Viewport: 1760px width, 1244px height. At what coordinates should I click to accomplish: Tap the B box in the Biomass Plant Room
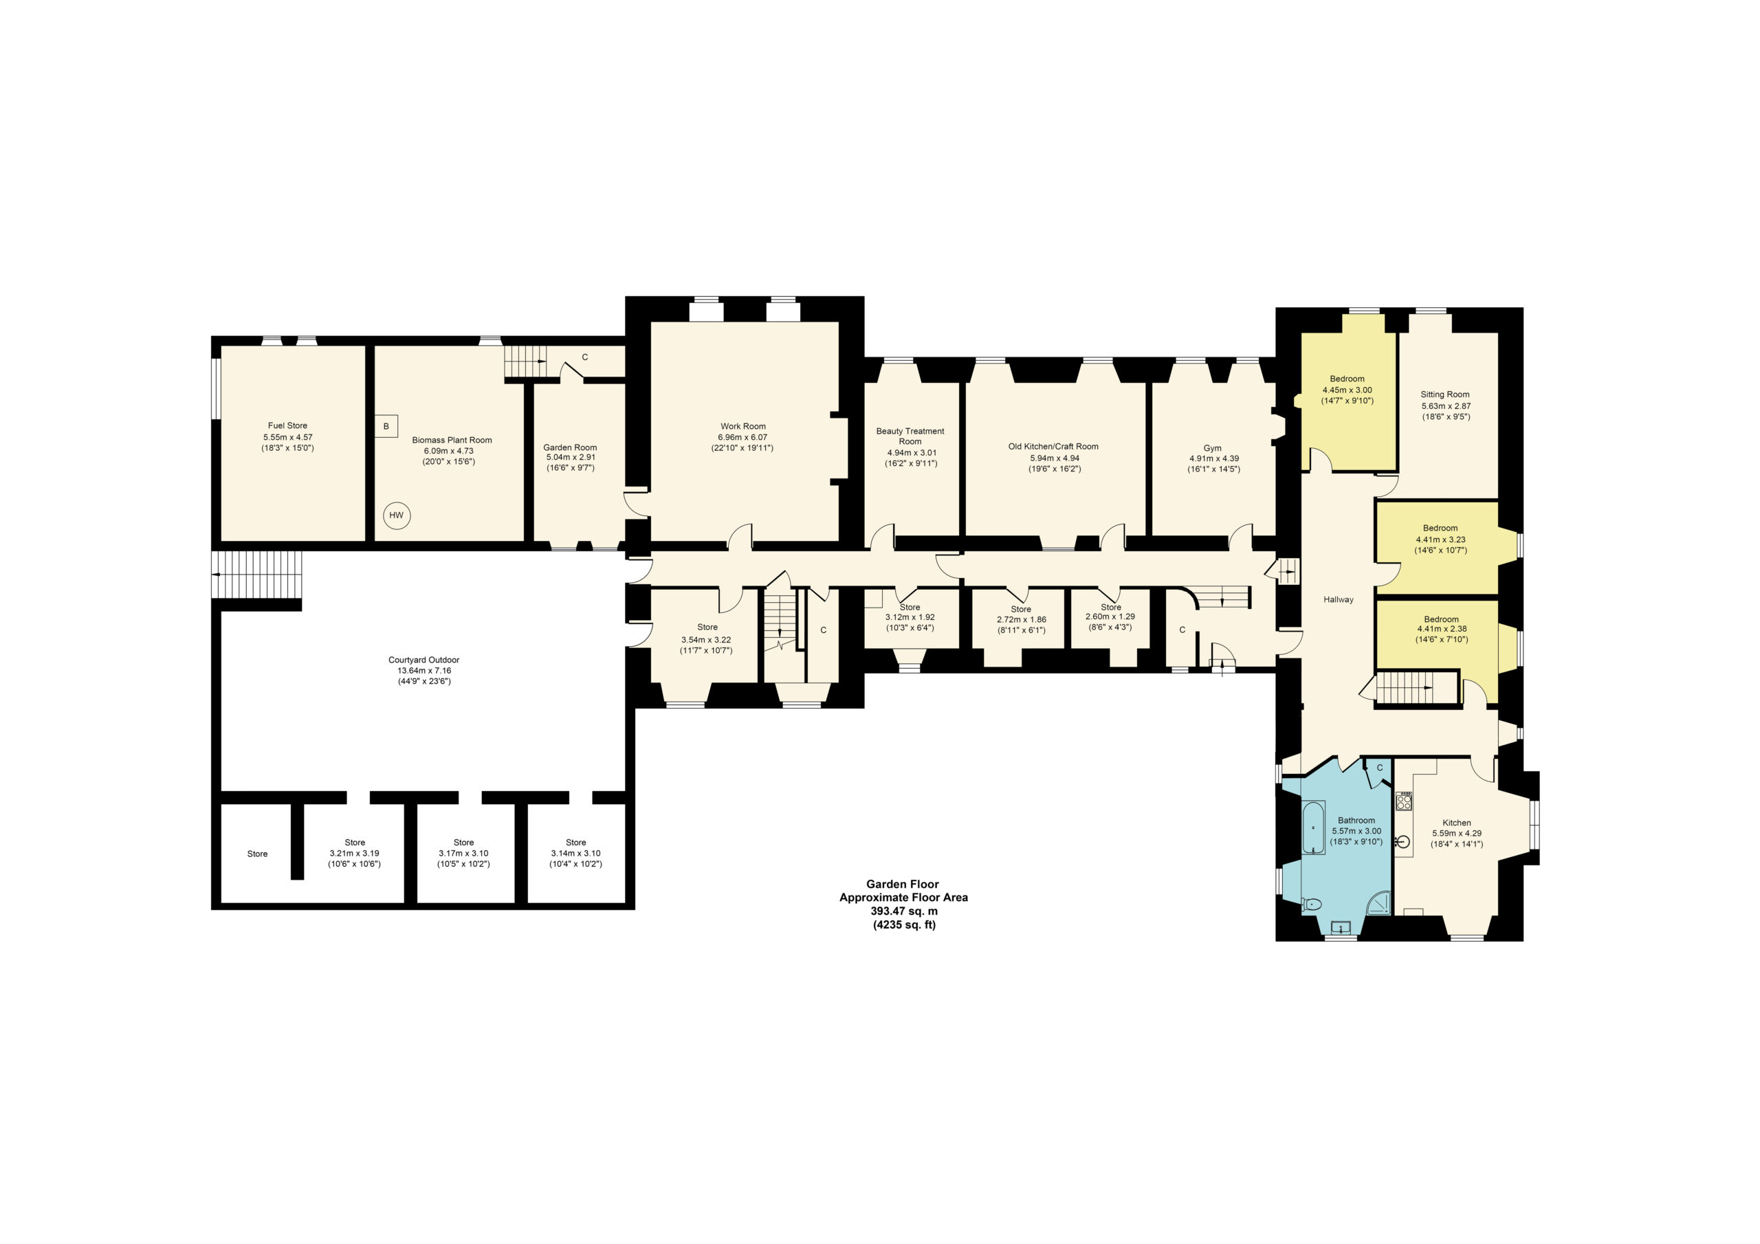(386, 426)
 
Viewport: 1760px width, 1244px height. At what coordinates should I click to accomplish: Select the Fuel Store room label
(287, 437)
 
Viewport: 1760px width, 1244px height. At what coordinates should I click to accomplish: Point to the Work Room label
(742, 437)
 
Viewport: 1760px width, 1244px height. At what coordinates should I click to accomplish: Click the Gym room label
(1213, 458)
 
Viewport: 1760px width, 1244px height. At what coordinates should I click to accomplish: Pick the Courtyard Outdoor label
(424, 670)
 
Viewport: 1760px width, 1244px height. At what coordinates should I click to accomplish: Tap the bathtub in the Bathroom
(1313, 827)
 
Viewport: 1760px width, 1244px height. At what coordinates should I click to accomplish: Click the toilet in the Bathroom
(1312, 904)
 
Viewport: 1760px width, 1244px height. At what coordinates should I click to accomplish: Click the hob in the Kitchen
(1404, 801)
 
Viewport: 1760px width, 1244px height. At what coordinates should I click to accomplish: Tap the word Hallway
(1339, 599)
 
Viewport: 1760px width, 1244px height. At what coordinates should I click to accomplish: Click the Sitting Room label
(1446, 406)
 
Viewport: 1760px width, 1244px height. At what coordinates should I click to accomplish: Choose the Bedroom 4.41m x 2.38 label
(1441, 630)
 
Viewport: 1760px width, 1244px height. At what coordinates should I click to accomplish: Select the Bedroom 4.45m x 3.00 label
(1347, 390)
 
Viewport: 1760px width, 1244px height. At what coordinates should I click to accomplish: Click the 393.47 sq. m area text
(904, 911)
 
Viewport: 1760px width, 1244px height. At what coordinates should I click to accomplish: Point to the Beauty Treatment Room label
(911, 447)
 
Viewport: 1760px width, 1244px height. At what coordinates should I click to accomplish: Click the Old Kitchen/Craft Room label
(1053, 457)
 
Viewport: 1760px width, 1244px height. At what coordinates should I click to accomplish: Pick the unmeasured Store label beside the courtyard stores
(258, 854)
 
